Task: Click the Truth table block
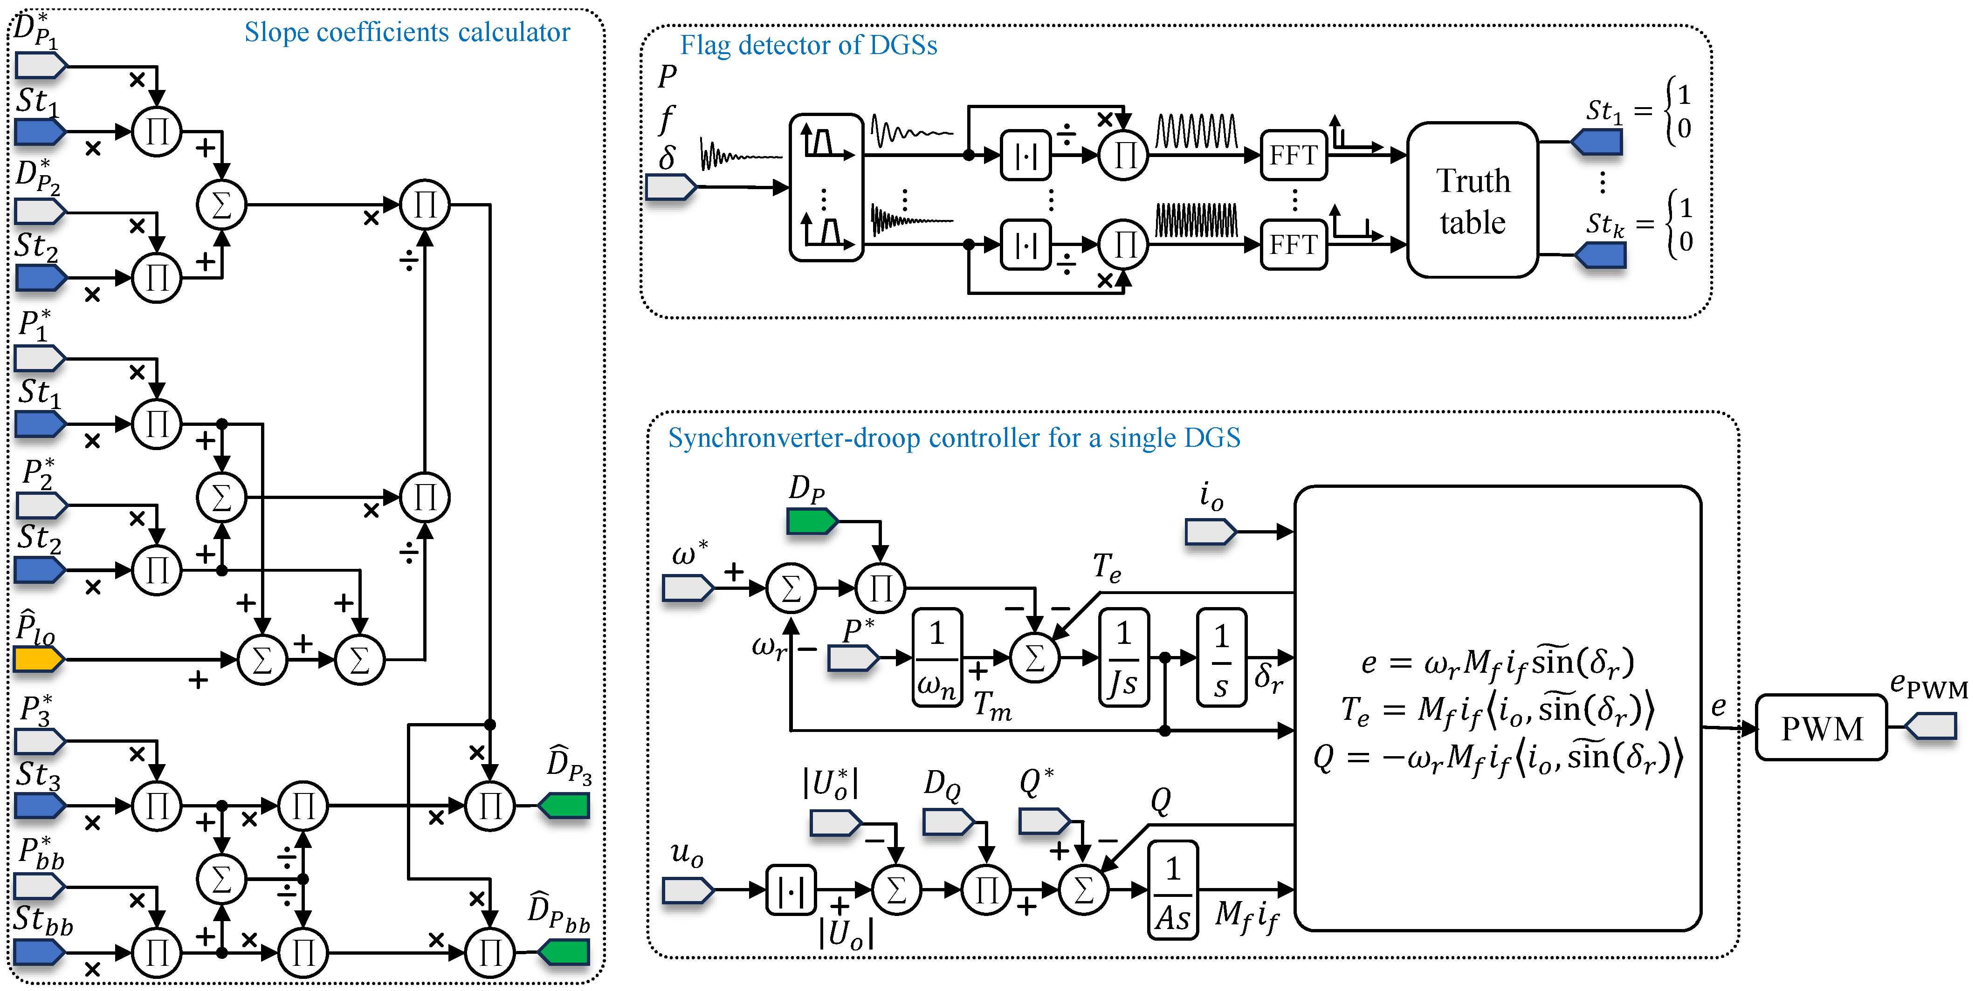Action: click(x=1473, y=200)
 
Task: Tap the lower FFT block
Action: click(x=1294, y=245)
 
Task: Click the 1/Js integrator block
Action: click(x=1123, y=657)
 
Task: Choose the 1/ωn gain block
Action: click(x=937, y=657)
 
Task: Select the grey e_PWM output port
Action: click(x=1931, y=726)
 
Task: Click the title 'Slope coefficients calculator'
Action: click(x=407, y=32)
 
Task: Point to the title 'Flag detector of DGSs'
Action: click(x=809, y=45)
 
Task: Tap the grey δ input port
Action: click(x=671, y=187)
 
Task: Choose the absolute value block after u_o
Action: click(x=791, y=890)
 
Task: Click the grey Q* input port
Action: click(x=1044, y=821)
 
